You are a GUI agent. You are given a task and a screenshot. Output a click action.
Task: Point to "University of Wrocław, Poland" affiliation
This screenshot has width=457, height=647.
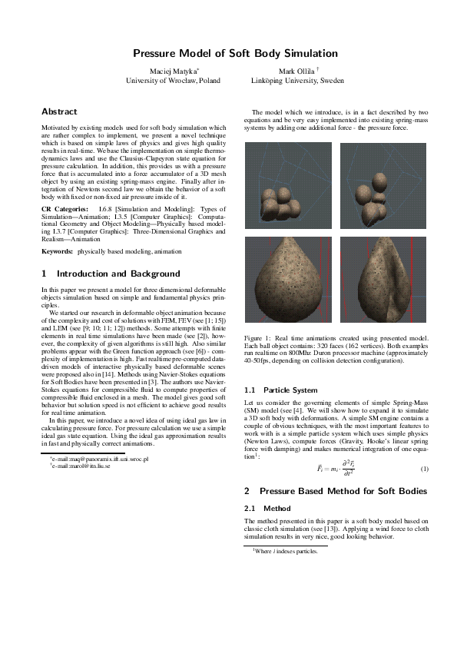pos(173,80)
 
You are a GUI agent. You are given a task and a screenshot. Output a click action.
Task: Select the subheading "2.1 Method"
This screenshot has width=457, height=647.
pos(266,508)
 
